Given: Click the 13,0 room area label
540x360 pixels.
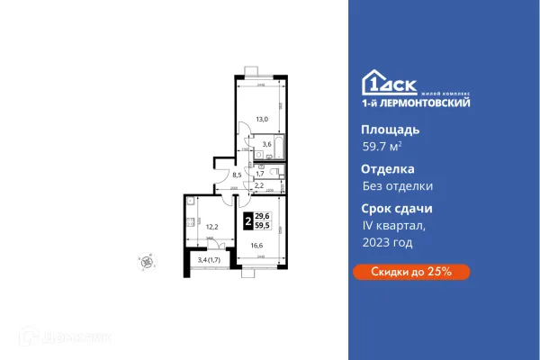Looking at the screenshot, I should (x=261, y=117).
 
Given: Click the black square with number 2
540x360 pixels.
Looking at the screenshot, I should (x=247, y=219).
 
